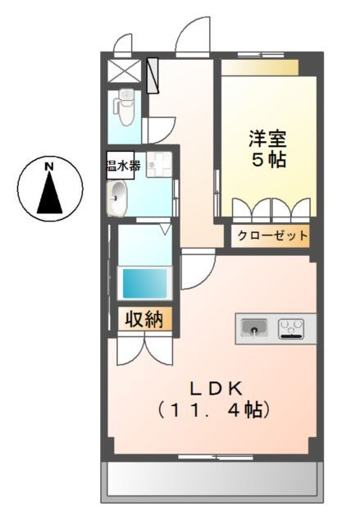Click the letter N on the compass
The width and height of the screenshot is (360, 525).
coord(49,167)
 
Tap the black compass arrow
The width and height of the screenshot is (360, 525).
coord(49,195)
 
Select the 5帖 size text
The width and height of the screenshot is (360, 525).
coord(267,160)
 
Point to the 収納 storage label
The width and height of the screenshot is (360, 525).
coord(144,319)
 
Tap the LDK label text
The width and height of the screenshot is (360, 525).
coord(216,386)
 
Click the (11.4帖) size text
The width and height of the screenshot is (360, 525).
coord(216,409)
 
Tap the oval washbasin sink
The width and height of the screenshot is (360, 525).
coord(119,199)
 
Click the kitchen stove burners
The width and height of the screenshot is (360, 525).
coord(291,329)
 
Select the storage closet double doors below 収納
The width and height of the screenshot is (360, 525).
coord(144,349)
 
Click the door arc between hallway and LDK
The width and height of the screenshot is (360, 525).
coord(195,272)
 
